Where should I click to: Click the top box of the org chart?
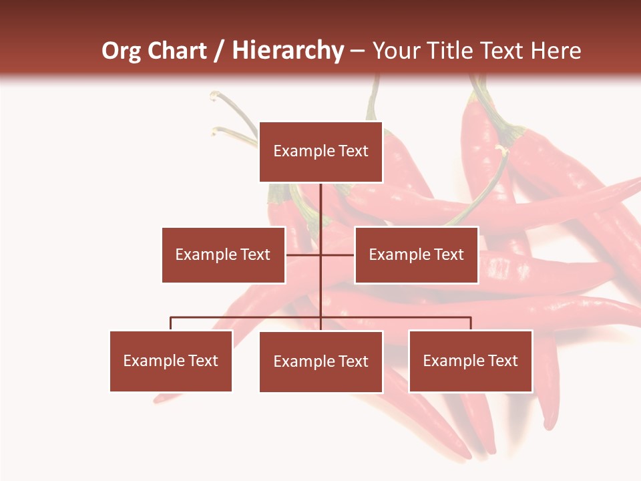pyautogui.click(x=320, y=152)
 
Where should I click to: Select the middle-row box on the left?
pyautogui.click(x=223, y=255)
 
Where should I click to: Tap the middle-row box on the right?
pyautogui.click(x=416, y=255)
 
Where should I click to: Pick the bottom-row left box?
pyautogui.click(x=171, y=361)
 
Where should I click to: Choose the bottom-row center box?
pyautogui.click(x=320, y=361)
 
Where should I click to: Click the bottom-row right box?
pyautogui.click(x=470, y=361)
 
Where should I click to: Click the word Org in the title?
pyautogui.click(x=122, y=51)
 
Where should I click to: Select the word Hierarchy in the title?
pyautogui.click(x=288, y=51)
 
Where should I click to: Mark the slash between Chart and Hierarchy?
pyautogui.click(x=219, y=51)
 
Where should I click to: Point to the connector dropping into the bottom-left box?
pyautogui.click(x=171, y=323)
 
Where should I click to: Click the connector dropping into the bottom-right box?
pyautogui.click(x=471, y=323)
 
